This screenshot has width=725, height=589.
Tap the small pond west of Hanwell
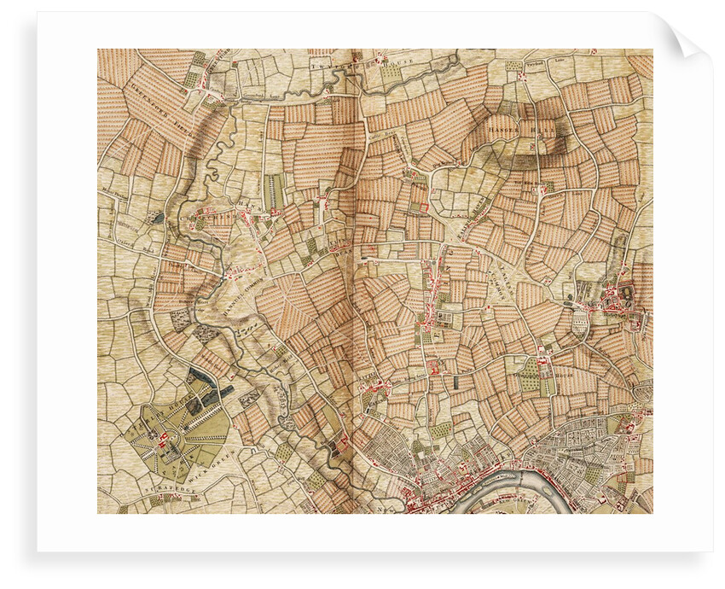pos(156,219)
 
